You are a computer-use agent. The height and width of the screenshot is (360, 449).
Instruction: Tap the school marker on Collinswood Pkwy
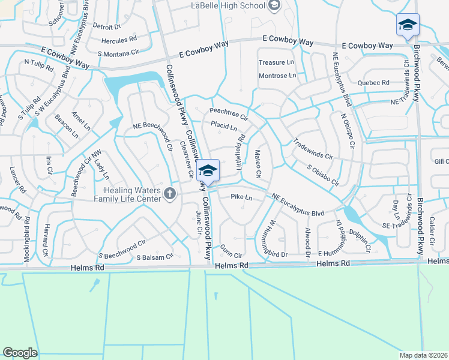tap(208, 172)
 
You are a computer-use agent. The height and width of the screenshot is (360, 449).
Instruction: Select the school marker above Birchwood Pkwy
tap(408, 25)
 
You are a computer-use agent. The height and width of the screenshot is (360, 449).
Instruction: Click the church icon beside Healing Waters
tap(170, 194)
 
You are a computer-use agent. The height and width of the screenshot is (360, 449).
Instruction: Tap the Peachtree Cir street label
tap(229, 112)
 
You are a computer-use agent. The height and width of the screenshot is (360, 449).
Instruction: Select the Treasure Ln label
tap(276, 62)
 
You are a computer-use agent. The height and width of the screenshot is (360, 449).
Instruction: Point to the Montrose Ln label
tap(277, 76)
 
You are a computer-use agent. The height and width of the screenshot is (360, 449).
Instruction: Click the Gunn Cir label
tap(231, 255)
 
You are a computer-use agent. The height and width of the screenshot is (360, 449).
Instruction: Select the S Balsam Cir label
tap(155, 257)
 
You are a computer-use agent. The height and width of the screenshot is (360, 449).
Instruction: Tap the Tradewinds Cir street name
tap(312, 149)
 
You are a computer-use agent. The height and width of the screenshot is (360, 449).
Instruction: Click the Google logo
tap(20, 353)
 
